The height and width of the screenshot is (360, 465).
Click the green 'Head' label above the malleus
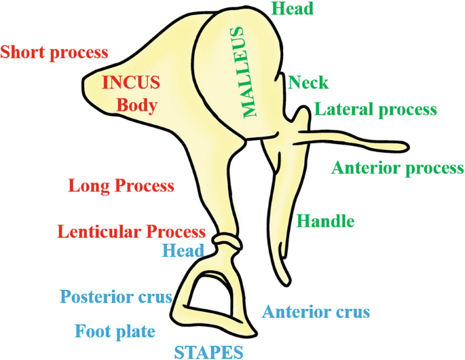coord(292,9)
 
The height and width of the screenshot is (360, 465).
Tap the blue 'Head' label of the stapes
coord(183,250)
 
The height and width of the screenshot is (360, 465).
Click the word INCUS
coord(131,83)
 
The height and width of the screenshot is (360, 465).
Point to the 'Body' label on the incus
coord(136,105)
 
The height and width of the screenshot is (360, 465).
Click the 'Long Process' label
coord(122,185)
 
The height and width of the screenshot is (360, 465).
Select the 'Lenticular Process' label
coord(131,232)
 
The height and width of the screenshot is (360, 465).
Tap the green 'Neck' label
coord(308,83)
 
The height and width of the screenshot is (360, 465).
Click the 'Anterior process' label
coord(397,168)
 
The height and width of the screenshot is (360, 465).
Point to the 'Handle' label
coord(326,221)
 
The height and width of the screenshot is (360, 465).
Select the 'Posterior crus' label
coord(115,298)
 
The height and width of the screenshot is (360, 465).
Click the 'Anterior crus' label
coord(316,312)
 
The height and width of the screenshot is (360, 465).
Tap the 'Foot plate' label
coord(115,331)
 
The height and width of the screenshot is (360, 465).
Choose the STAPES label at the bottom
coord(208,351)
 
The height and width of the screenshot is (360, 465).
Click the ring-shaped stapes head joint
coord(226,240)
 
